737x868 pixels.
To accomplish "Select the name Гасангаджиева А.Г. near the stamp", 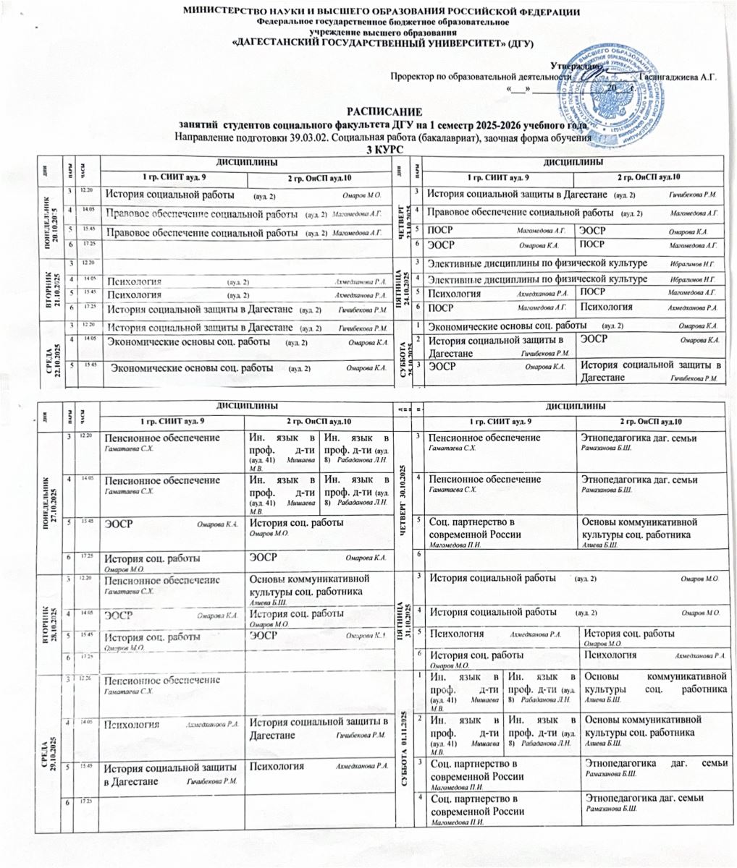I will (x=678, y=76).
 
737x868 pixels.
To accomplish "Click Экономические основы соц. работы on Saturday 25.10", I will (x=507, y=326).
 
